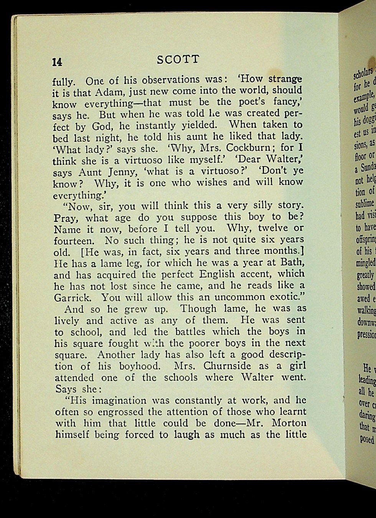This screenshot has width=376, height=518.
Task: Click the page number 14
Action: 57,62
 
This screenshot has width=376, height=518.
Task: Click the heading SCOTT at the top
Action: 178,59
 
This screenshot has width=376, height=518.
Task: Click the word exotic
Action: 280,286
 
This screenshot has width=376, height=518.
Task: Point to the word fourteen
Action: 73,241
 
